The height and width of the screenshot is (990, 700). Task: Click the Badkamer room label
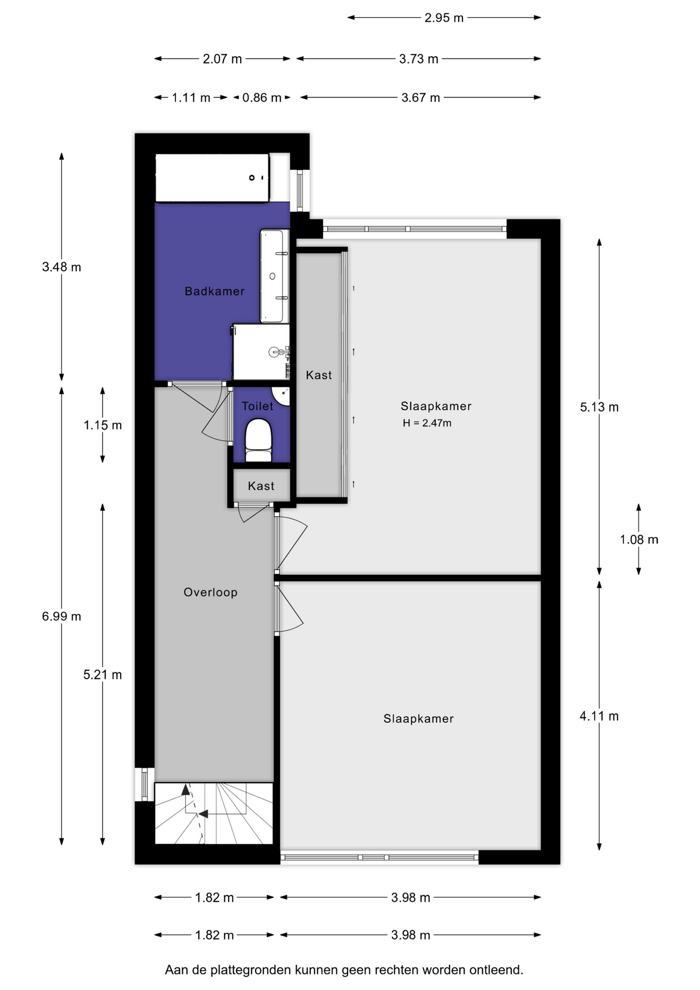coord(214,291)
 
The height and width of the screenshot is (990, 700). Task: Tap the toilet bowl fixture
coord(258,440)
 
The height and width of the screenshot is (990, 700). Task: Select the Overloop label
coord(210,592)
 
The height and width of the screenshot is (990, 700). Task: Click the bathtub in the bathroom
coord(212,178)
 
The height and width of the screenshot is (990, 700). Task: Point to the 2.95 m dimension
coord(444,18)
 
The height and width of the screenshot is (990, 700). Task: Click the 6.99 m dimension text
coord(61,617)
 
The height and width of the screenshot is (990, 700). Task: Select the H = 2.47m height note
coord(427,423)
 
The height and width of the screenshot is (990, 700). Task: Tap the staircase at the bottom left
coord(214,813)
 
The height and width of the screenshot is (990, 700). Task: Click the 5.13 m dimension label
coord(599,407)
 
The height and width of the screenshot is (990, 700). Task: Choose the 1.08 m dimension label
coord(639,540)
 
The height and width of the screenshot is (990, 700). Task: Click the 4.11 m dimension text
coord(599,716)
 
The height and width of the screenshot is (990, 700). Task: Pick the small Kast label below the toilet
coord(261,486)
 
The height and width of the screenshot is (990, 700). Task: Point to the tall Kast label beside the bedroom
coord(319,375)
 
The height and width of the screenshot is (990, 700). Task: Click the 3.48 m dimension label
coord(61,267)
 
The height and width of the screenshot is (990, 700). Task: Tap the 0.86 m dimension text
coord(262,98)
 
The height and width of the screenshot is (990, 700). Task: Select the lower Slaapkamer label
coord(419,719)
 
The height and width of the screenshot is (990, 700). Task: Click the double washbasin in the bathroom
coord(274,276)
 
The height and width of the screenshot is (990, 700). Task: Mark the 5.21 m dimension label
coord(103,675)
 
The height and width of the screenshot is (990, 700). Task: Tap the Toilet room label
coord(257,406)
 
